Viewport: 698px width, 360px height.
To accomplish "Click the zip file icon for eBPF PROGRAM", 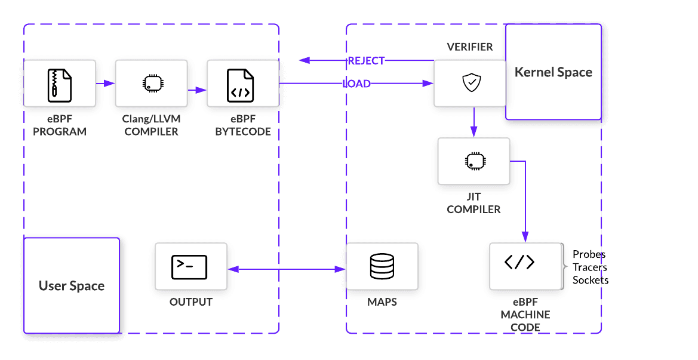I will (59, 84).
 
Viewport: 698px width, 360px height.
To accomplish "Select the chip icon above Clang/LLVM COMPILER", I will (151, 84).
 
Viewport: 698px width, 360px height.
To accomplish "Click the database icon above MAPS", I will (382, 266).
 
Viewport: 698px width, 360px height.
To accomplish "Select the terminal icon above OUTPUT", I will (189, 267).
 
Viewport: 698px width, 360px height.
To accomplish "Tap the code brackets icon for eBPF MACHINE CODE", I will (519, 263).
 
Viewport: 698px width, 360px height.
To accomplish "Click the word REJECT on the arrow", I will (366, 60).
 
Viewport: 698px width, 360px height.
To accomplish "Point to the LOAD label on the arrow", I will (357, 84).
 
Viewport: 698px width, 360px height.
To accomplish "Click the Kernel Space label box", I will (554, 72).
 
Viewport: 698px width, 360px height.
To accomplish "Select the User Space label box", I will (72, 285).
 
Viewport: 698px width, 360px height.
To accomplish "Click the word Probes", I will (589, 254).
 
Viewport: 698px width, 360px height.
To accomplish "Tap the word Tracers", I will (590, 267).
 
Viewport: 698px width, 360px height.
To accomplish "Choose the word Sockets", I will (591, 279).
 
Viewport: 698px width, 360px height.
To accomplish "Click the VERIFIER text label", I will (470, 47).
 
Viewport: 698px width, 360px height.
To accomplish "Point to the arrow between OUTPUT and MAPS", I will (287, 269).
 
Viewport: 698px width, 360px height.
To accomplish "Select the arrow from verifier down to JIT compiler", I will (473, 122).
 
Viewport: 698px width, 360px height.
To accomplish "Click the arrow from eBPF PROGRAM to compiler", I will (105, 84).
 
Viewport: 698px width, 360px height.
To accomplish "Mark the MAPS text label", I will (382, 302).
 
